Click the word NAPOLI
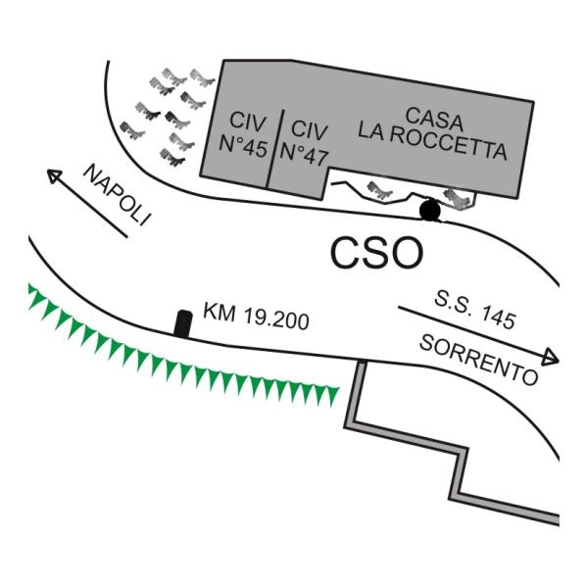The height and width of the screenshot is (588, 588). (117, 195)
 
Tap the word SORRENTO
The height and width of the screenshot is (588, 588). (479, 361)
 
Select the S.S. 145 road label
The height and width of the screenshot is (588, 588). (475, 311)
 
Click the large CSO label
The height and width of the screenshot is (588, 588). (377, 253)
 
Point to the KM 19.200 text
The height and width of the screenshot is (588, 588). (256, 317)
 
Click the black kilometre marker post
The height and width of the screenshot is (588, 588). (183, 323)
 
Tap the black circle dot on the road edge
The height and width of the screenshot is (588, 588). (430, 210)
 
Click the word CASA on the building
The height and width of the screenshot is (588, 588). (434, 119)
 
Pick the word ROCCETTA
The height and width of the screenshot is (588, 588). (448, 144)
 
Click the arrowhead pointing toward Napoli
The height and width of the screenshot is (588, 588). (54, 175)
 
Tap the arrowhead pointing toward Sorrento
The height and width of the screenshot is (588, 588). (551, 358)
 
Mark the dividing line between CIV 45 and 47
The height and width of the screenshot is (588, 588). (275, 149)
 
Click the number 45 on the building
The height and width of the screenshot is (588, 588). (256, 148)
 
